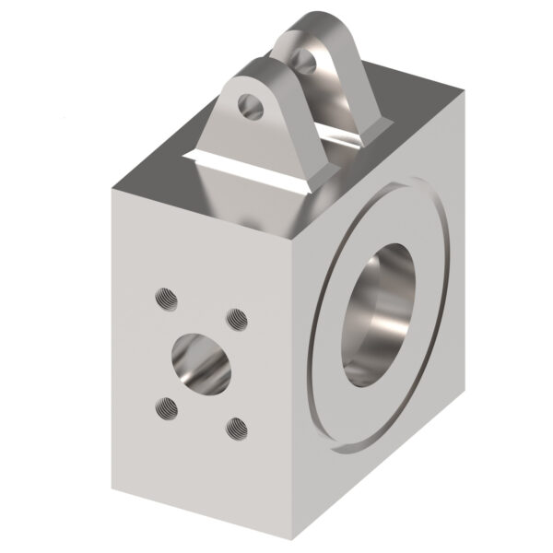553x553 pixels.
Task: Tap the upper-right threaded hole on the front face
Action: [238, 320]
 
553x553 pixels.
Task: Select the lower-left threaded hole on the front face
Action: [167, 404]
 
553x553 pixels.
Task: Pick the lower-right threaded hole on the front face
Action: [238, 426]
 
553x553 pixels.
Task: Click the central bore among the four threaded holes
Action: [200, 360]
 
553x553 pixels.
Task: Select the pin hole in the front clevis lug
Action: [248, 106]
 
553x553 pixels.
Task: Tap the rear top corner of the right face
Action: [466, 94]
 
